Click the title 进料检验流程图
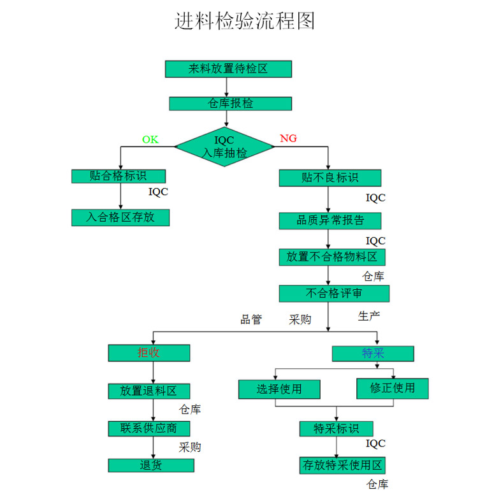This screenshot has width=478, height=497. [245, 21]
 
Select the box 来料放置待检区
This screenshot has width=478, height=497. [228, 69]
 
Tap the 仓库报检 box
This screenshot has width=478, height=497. [230, 103]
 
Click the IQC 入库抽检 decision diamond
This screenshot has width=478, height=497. [224, 147]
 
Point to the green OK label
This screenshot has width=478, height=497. [150, 140]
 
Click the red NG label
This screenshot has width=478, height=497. [288, 139]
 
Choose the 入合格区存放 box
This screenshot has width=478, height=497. [120, 217]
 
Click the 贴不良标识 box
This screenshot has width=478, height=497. [330, 178]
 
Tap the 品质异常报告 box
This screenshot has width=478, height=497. [330, 220]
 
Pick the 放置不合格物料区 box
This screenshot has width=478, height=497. [331, 257]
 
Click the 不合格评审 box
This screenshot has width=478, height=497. [333, 293]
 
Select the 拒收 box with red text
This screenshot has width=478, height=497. [148, 353]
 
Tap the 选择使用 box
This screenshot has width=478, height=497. [279, 389]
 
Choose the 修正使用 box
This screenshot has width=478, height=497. [392, 388]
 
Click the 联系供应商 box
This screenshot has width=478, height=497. [148, 428]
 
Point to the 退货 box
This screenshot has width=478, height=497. [150, 465]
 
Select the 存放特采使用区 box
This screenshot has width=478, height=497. [342, 465]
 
